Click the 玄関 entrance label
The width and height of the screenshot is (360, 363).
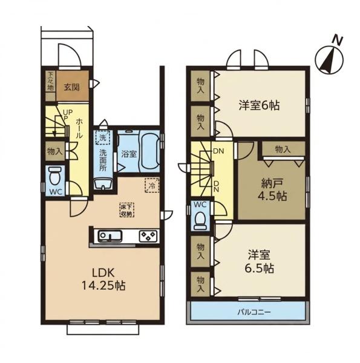72,87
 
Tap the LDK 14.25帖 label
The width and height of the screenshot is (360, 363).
103,280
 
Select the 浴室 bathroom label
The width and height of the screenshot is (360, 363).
129,154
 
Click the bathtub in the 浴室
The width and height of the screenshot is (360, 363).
149,153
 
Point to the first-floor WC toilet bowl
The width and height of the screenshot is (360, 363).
54,175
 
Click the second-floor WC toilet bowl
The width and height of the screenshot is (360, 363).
200,221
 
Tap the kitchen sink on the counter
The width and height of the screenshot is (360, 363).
110,236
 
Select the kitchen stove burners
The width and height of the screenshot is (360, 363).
148,236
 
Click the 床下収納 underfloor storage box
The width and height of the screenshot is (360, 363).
127,210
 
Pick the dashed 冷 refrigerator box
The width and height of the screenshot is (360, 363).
152,185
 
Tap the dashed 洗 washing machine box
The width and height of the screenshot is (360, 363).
103,137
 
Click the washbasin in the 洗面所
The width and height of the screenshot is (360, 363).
103,185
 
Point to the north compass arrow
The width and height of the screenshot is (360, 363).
329,59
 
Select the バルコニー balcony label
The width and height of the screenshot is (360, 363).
254,313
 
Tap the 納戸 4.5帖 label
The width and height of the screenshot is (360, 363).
272,190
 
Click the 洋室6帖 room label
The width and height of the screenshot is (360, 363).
260,105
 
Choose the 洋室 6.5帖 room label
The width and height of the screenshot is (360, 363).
260,261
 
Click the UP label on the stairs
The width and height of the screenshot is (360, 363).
68,113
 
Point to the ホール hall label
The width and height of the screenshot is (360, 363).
79,128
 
